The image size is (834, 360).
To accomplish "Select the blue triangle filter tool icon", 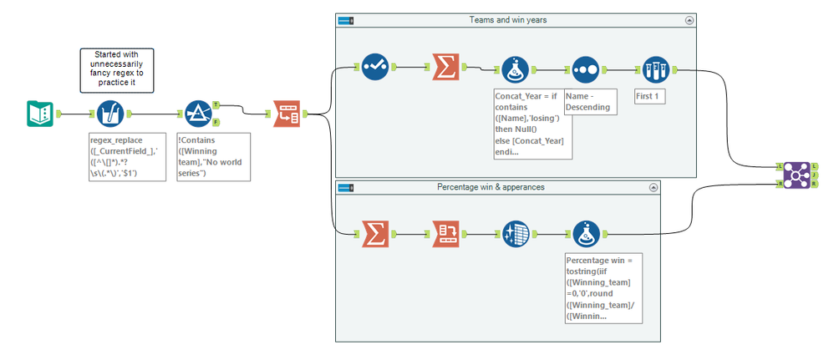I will [x=198, y=114].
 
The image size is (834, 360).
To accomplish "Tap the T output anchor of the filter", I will [x=216, y=105].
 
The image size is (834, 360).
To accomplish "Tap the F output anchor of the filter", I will [x=216, y=123].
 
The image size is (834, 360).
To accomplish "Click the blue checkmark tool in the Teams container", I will [x=374, y=68].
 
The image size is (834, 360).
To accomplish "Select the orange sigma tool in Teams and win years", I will [x=445, y=68].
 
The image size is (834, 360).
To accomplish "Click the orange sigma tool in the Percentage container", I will [x=374, y=235].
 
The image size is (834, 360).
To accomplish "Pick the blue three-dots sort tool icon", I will [x=585, y=71].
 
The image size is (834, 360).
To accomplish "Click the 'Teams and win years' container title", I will [x=516, y=19].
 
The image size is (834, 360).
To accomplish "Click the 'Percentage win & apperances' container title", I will [x=491, y=187].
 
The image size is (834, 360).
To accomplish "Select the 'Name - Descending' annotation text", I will [x=590, y=101].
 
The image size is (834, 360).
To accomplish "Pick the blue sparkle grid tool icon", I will [x=515, y=235].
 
